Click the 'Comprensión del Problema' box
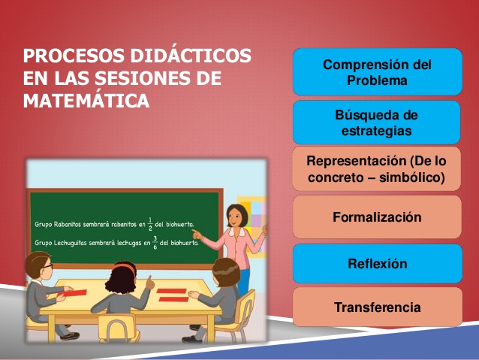tap(376, 72)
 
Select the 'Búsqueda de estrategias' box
tap(376, 123)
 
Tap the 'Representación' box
tap(376, 170)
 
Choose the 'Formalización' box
tap(376, 217)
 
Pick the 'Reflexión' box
tap(376, 264)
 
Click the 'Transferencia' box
tap(376, 307)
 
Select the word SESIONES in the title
tap(158, 78)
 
